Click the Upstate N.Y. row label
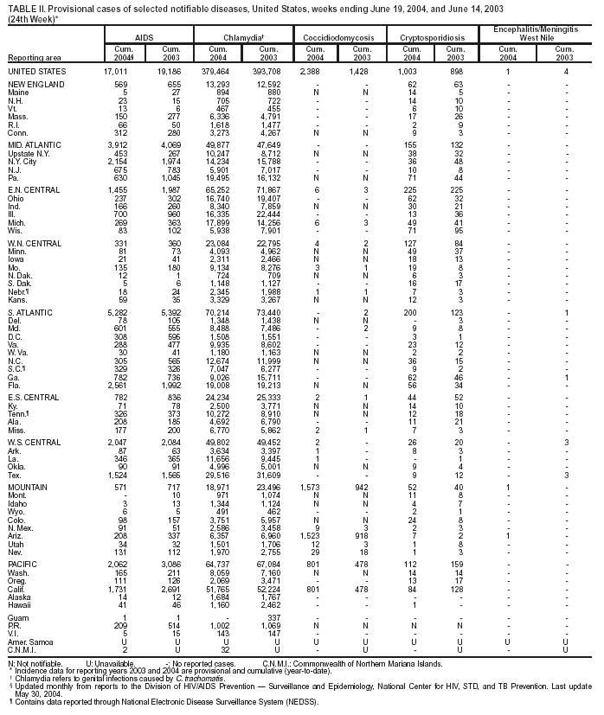point(30,153)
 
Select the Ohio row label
point(17,223)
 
